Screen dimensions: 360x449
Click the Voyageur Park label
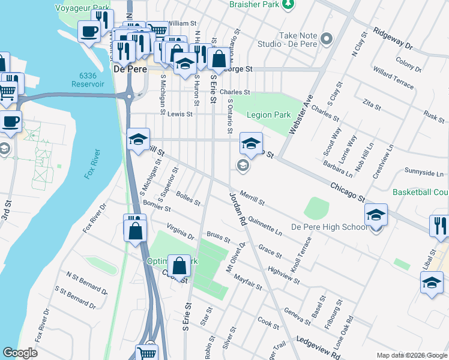[83, 8]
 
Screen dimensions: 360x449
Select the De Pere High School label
[329, 227]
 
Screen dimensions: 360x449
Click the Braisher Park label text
[255, 4]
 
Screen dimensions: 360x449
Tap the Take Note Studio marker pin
[327, 39]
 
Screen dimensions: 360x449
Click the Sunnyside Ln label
[423, 173]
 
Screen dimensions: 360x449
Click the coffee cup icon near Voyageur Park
[89, 31]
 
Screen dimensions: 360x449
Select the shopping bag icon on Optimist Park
[179, 265]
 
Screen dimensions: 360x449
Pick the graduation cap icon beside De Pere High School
[376, 215]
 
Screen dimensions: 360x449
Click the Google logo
[20, 353]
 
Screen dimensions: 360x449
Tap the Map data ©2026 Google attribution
[411, 355]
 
